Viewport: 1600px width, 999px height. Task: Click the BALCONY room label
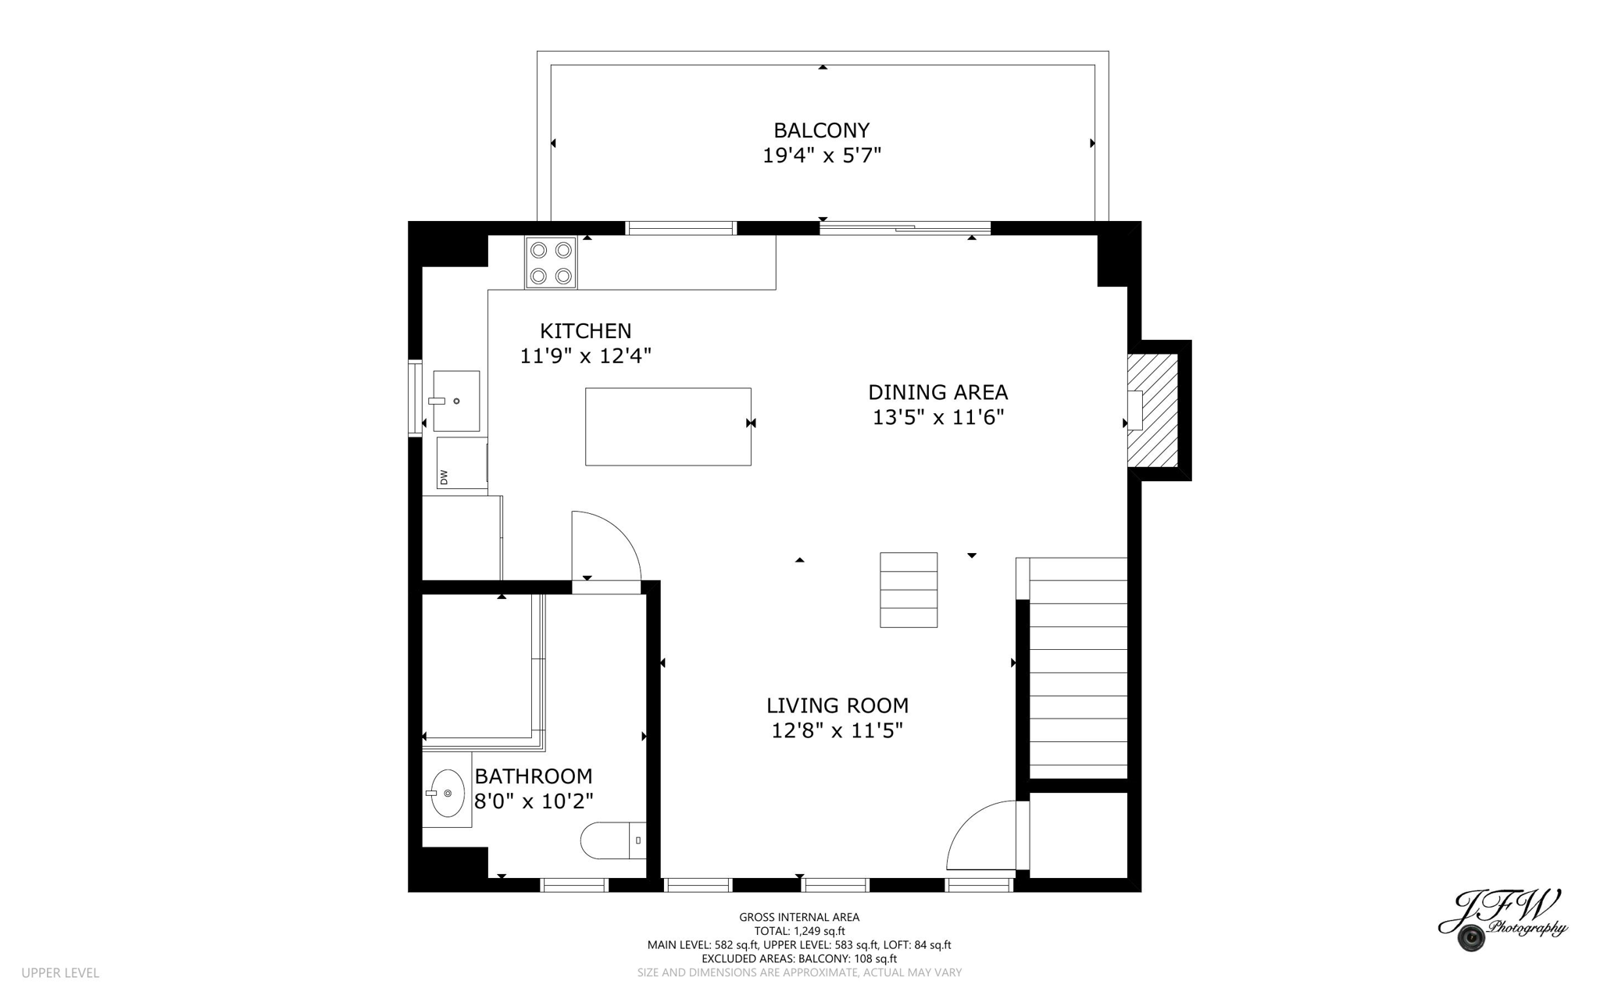coord(821,130)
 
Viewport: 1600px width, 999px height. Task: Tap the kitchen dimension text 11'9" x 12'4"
coord(585,356)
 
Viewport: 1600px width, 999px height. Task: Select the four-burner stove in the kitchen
coord(551,263)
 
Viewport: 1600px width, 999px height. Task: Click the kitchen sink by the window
coord(456,401)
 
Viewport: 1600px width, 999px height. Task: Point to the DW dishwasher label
coord(444,476)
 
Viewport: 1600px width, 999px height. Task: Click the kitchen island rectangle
coord(668,426)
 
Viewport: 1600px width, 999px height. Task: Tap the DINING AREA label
coord(937,392)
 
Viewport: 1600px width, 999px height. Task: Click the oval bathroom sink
coord(448,793)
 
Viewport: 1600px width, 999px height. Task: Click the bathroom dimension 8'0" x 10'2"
coord(534,801)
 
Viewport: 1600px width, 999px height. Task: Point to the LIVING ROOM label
coord(837,706)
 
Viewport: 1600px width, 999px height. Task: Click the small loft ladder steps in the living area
coord(909,590)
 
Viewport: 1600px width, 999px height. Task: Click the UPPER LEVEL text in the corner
coord(60,973)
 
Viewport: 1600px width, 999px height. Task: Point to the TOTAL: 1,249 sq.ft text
coord(799,931)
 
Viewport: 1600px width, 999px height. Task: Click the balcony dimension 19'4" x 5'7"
coord(821,155)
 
